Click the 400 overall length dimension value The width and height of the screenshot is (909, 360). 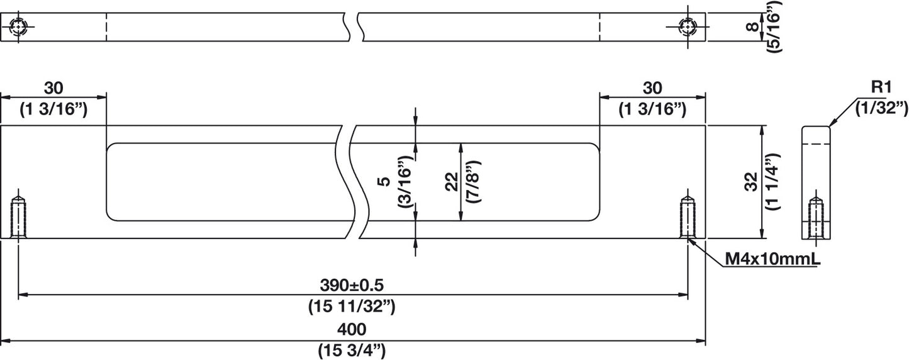352,329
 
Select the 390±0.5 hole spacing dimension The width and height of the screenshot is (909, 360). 352,285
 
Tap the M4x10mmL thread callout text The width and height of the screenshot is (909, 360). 772,259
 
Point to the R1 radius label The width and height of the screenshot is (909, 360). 881,87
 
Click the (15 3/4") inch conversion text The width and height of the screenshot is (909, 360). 352,349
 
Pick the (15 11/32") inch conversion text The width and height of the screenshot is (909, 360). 352,306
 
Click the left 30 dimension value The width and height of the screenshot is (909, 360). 53,87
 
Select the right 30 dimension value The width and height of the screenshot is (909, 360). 652,87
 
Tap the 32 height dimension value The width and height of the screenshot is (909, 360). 751,181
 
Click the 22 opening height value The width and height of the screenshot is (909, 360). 451,182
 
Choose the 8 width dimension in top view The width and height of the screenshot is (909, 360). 753,27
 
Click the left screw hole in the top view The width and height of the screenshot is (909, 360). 18,27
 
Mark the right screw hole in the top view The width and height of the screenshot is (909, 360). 688,27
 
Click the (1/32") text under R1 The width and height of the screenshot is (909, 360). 881,108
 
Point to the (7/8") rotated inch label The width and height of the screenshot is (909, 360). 474,182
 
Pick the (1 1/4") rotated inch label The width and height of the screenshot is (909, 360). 774,181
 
